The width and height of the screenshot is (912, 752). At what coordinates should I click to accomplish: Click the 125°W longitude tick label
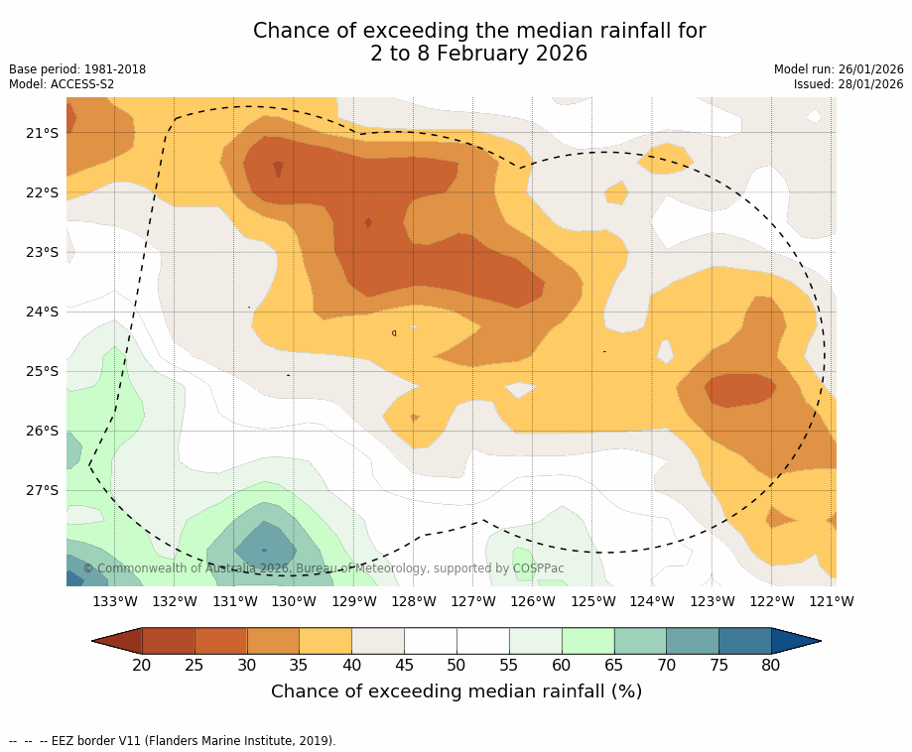592,601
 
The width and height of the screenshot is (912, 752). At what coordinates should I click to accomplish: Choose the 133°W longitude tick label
115,601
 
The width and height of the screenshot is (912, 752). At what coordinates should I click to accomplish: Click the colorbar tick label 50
456,665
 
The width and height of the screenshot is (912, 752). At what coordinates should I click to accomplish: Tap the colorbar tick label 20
142,665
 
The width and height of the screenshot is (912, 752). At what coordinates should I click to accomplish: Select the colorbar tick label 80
771,665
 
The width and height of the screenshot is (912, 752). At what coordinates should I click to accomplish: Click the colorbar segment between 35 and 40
326,641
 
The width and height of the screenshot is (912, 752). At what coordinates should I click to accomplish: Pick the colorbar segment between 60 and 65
587,641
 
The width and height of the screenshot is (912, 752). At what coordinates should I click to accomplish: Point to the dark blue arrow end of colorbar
795,641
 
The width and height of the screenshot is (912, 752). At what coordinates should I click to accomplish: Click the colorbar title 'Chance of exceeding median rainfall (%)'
456,691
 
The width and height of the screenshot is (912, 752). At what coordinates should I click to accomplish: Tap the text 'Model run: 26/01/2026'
839,69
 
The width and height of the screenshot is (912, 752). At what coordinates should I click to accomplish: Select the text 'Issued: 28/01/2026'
848,84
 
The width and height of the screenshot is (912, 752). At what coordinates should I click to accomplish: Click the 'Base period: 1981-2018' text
77,69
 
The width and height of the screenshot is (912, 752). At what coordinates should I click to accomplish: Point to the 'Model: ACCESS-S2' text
62,84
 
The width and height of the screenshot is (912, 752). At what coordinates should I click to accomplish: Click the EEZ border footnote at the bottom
173,741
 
